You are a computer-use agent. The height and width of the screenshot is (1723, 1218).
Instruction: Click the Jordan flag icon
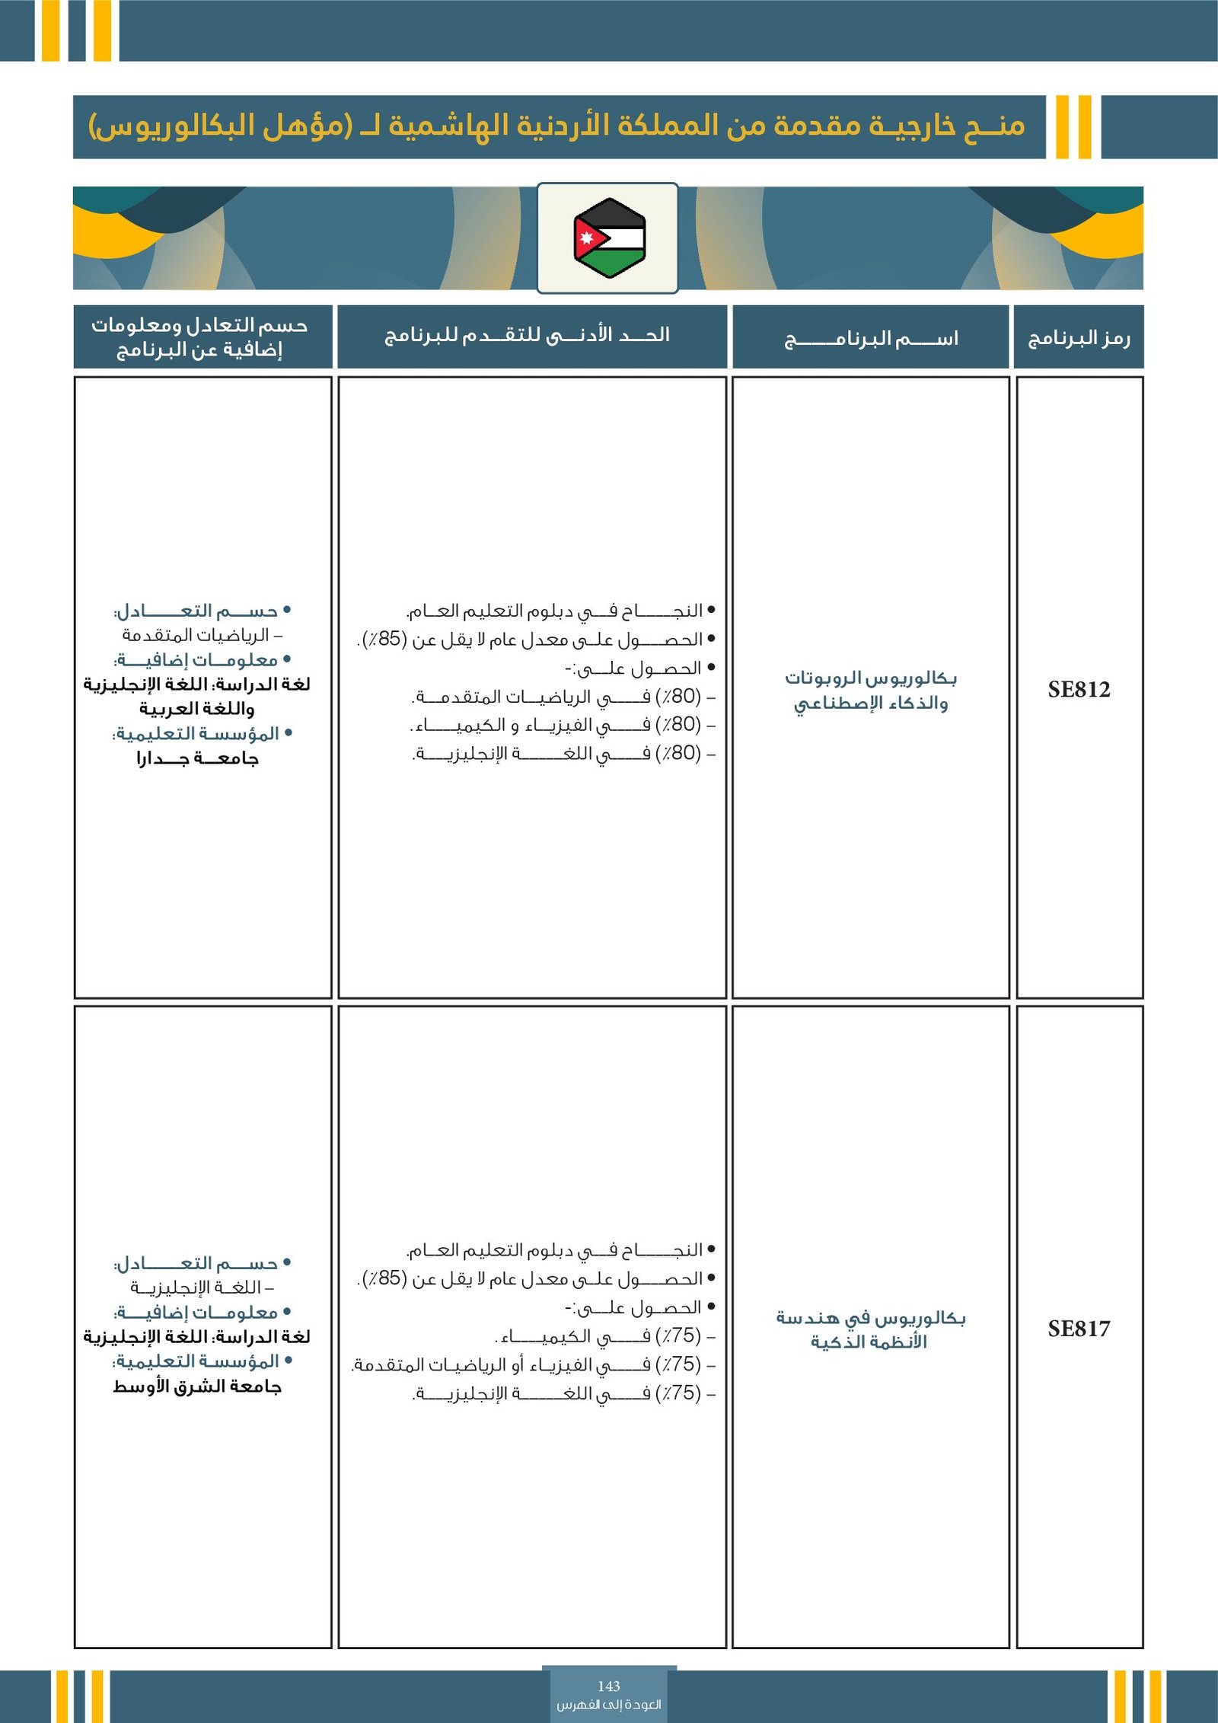609,238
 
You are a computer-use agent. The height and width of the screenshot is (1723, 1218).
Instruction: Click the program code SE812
1079,689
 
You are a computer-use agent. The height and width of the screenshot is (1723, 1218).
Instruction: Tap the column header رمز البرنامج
1079,337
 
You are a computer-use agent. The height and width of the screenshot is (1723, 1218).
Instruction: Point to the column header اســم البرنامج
871,337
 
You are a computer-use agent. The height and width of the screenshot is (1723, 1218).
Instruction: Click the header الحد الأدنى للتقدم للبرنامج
527,335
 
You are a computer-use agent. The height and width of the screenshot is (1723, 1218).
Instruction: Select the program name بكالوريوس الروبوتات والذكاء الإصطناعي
871,690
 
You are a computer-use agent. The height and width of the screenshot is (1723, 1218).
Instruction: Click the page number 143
609,1686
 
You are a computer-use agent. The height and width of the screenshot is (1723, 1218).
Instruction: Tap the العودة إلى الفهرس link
609,1705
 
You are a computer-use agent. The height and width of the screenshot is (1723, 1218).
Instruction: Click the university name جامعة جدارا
198,758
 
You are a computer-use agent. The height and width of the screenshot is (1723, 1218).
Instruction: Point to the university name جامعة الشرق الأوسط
197,1386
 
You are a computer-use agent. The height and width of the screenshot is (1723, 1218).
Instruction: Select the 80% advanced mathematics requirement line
563,697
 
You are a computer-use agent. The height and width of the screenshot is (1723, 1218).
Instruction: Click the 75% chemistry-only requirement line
605,1336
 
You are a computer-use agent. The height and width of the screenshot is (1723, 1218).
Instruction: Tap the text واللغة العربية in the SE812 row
197,709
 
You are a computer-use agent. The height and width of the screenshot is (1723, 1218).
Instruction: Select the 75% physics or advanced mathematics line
533,1364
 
